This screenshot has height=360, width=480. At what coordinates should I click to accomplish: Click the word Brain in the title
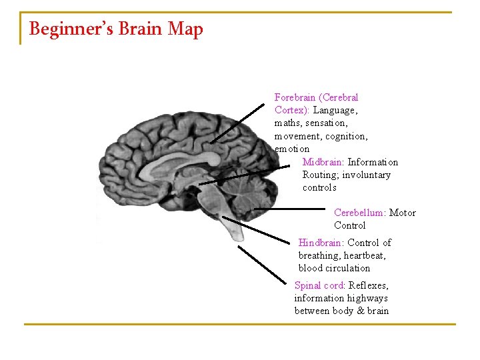[139, 29]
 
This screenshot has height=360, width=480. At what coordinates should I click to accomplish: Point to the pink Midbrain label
[323, 162]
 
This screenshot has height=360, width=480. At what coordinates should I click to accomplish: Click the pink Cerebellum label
[359, 213]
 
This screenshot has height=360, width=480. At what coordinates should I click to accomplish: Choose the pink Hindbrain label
[320, 243]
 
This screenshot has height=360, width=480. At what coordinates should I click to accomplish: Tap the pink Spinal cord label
[319, 285]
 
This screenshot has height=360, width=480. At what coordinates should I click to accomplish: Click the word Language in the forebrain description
[335, 110]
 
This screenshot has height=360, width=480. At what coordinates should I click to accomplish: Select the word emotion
[292, 149]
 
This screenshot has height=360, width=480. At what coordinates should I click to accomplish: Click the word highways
[367, 298]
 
